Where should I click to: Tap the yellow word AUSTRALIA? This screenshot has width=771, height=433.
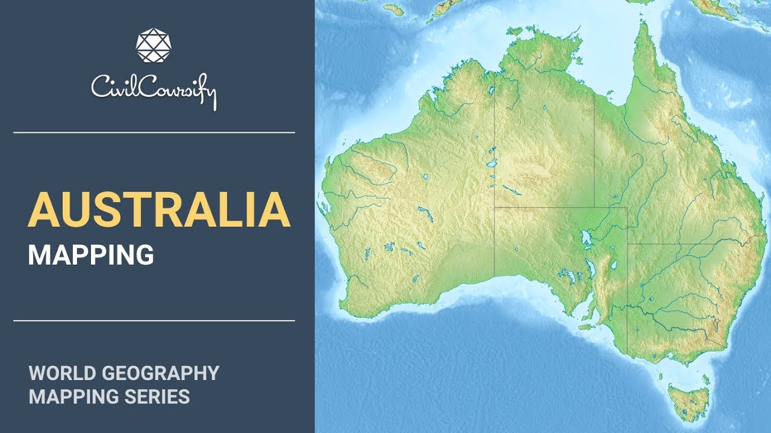[159, 209]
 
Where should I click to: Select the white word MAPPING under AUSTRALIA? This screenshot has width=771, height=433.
[91, 255]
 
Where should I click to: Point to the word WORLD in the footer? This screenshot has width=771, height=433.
[61, 373]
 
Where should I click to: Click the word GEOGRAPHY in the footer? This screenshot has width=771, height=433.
[161, 373]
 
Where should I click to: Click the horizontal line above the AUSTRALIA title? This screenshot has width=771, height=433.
[154, 132]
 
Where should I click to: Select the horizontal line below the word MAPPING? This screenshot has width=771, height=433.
[154, 321]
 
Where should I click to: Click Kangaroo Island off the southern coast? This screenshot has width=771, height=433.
[585, 327]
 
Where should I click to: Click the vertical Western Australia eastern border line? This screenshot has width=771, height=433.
[495, 180]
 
